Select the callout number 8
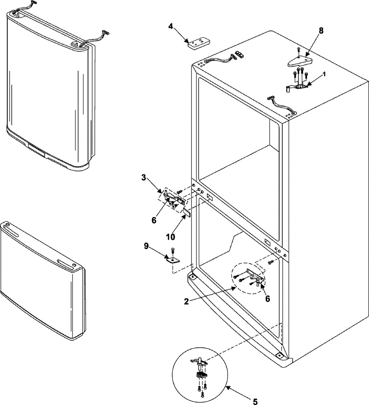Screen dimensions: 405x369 click(x=321, y=31)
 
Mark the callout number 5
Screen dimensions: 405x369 click(x=255, y=400)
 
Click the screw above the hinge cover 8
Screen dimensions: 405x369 click(x=299, y=49)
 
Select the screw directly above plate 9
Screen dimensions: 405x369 click(x=172, y=251)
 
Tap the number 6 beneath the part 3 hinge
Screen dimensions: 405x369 click(x=154, y=221)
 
